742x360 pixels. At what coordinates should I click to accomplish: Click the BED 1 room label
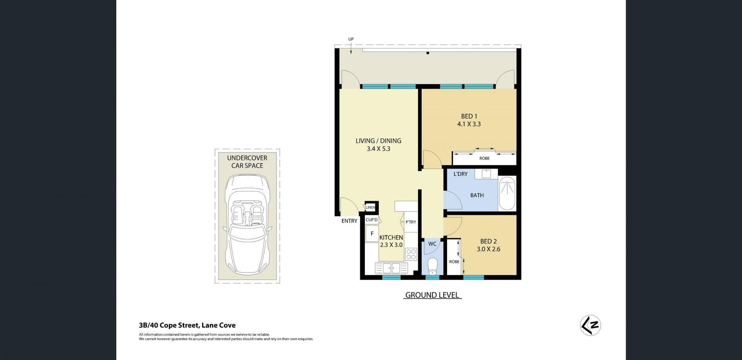pos(469,116)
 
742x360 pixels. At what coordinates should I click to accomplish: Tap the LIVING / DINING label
pos(378,141)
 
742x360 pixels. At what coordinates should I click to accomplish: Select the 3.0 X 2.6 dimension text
pos(488,249)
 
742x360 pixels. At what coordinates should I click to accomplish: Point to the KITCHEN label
pos(391,237)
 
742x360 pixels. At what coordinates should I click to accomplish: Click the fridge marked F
pos(372,234)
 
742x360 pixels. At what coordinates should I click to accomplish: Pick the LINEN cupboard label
pos(370,208)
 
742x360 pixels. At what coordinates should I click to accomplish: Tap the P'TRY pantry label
pos(411,222)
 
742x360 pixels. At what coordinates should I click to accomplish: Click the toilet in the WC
pos(432,266)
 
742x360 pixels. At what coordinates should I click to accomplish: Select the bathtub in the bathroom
pos(507,193)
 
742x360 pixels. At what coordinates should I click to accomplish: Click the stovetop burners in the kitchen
pos(411,254)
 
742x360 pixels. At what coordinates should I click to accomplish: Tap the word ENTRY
pos(349,221)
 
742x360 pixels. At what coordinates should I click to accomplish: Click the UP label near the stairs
pos(351,39)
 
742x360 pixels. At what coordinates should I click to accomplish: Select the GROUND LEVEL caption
pos(432,295)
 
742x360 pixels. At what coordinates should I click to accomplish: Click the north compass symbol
pos(591,326)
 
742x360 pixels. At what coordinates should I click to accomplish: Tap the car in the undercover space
pos(247,225)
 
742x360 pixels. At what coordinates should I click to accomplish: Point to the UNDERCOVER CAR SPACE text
pos(247,162)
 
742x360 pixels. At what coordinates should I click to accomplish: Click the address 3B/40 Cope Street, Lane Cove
pos(187,325)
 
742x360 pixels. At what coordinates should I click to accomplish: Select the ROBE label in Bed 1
pos(484,158)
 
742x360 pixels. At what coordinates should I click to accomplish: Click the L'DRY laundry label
pos(461,174)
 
